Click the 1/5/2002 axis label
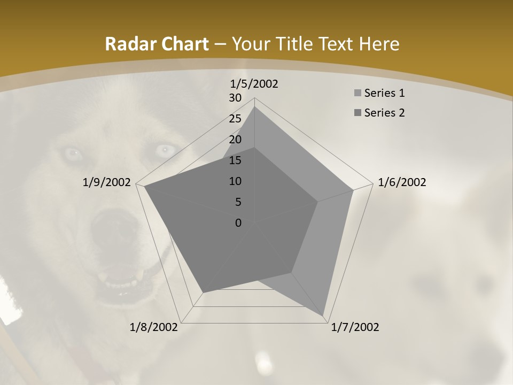[254, 84]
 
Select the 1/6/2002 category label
[402, 182]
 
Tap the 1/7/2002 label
[355, 327]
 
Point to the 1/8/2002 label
[154, 327]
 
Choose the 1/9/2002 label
[107, 182]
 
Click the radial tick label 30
[235, 98]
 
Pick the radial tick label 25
[235, 119]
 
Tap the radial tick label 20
[235, 140]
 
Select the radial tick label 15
[235, 160]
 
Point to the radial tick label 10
[235, 181]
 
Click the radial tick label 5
[238, 202]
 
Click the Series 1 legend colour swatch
[357, 94]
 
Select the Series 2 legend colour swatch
[357, 113]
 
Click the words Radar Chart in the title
[157, 44]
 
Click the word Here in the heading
[379, 44]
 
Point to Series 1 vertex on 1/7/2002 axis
[324, 315]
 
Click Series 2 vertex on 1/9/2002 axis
[144, 187]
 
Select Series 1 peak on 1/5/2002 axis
[254, 107]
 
